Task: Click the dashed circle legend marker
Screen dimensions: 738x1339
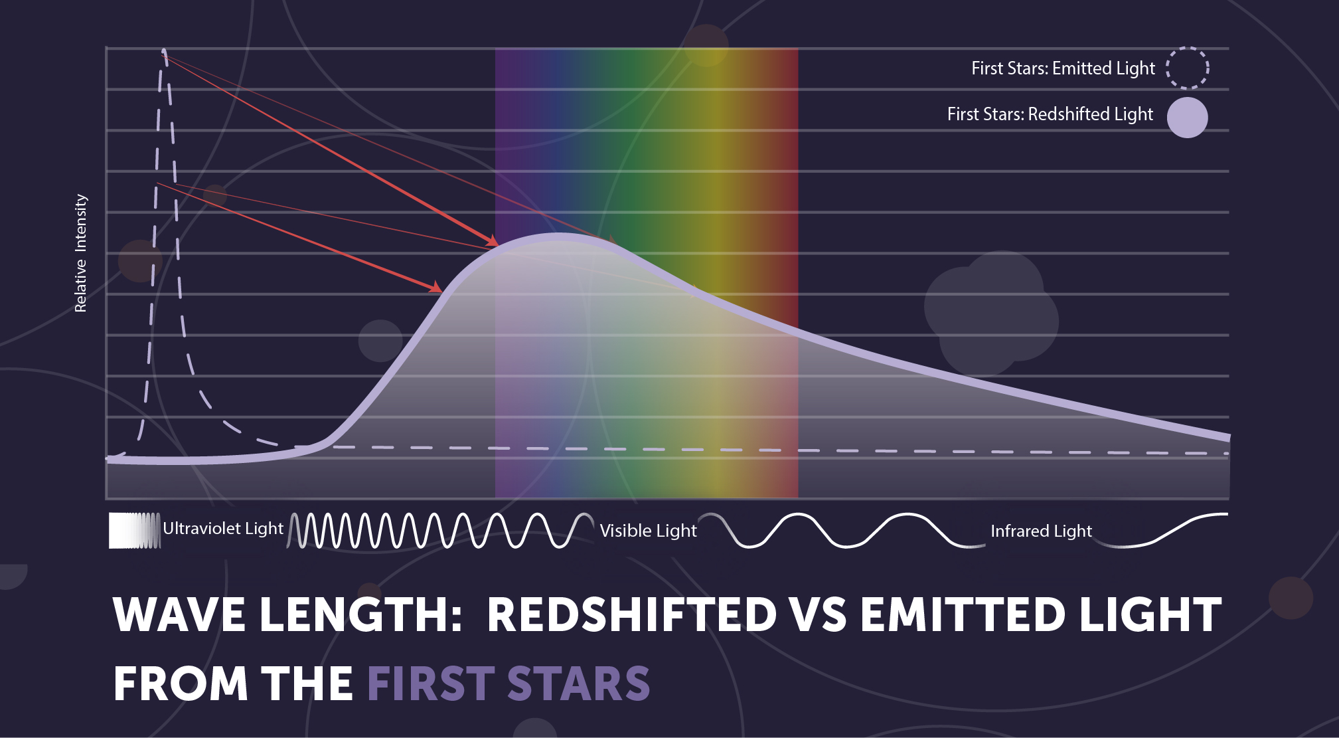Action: tap(1187, 68)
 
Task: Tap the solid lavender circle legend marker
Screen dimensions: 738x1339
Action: tap(1187, 118)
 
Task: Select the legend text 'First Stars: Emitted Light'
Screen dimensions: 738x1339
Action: tap(1063, 68)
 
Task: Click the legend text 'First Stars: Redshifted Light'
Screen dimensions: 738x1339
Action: tap(1050, 114)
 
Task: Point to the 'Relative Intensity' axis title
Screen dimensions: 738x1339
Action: tap(80, 253)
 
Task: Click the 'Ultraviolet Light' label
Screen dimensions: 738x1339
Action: tap(223, 529)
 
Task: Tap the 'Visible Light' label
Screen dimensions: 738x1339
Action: tap(648, 531)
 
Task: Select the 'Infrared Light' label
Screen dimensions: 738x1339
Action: tap(1041, 531)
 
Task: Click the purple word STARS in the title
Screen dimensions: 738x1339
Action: tap(578, 684)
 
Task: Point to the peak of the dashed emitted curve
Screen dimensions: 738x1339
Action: tap(164, 50)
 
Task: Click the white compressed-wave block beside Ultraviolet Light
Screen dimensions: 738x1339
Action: tap(134, 530)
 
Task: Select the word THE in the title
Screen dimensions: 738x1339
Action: tap(307, 684)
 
